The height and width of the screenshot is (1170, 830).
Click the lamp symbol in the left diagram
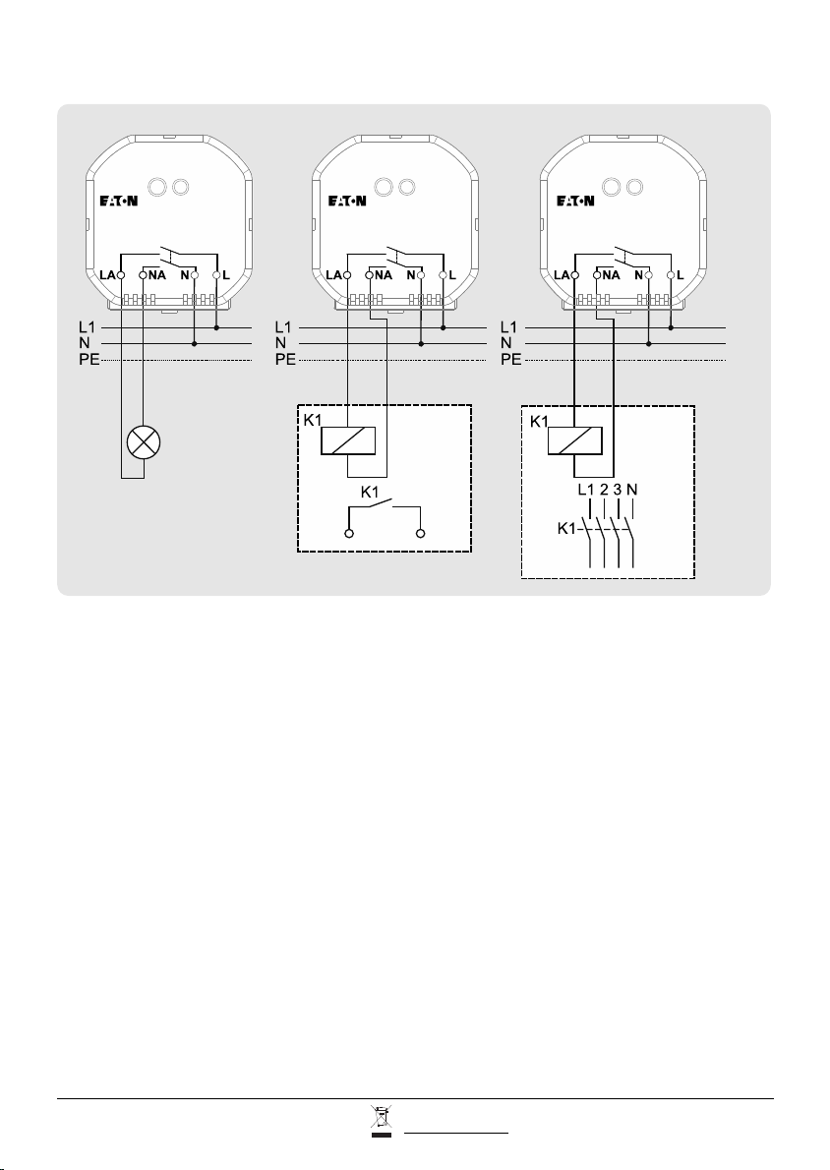tap(144, 443)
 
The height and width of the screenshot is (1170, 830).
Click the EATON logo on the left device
tap(119, 201)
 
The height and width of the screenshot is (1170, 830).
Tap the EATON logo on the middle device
tap(347, 201)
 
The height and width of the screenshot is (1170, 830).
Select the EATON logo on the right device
tap(575, 201)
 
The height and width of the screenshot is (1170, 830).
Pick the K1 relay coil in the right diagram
tap(574, 440)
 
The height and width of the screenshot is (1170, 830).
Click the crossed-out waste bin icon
tap(381, 1122)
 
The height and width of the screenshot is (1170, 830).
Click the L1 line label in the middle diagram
tap(283, 326)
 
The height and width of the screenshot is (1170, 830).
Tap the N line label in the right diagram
tap(506, 343)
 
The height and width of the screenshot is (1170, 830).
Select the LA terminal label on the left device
tap(107, 275)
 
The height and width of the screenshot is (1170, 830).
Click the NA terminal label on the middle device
tap(384, 275)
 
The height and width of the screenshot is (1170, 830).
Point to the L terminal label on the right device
tap(680, 275)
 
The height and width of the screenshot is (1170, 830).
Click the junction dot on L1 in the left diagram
tap(216, 327)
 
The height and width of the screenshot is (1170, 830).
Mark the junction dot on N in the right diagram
tap(649, 344)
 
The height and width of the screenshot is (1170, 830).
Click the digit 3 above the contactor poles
tap(618, 491)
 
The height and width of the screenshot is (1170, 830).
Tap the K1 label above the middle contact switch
tap(370, 492)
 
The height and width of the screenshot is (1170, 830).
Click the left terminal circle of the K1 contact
tap(348, 534)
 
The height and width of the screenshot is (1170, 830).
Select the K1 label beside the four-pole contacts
tap(567, 528)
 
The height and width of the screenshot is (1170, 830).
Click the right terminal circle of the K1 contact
tap(421, 534)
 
